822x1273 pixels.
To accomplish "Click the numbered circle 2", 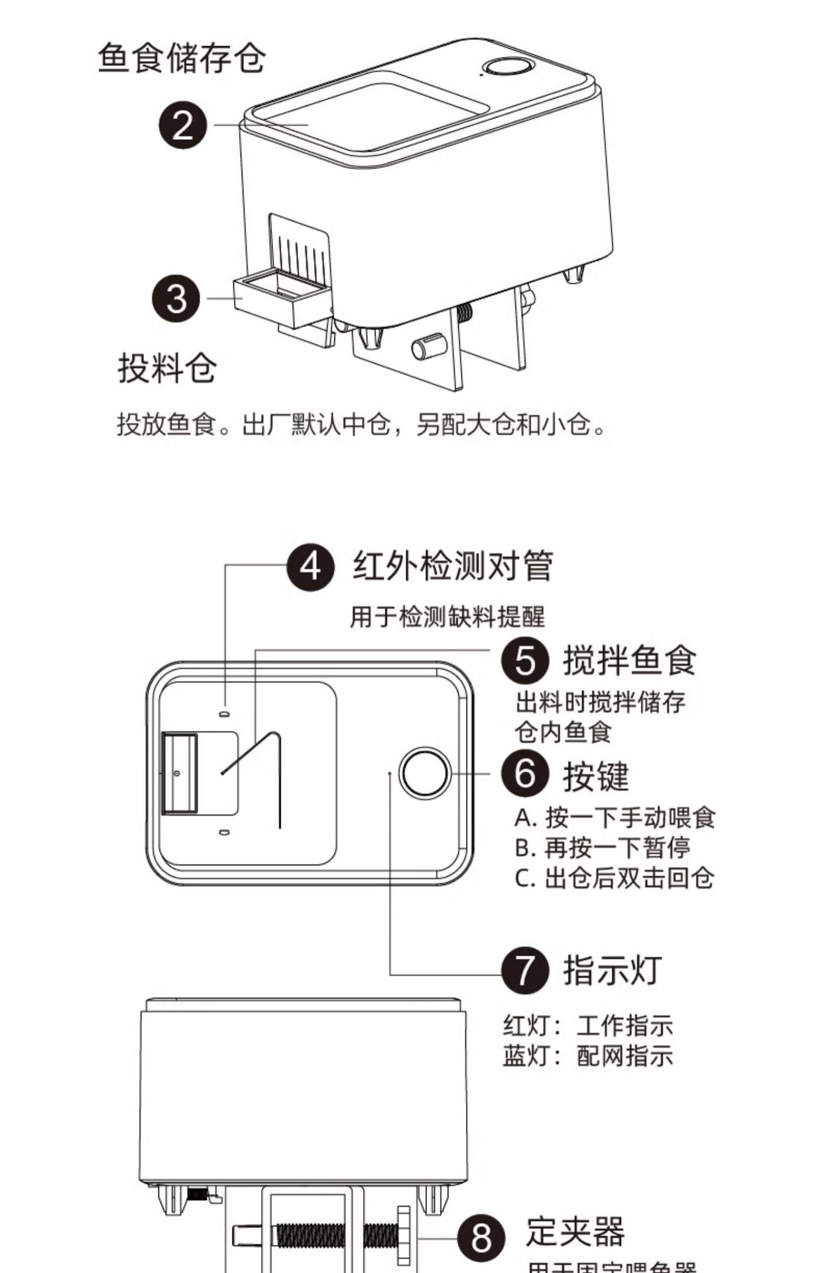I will point(183,125).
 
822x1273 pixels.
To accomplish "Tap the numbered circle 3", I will point(176,298).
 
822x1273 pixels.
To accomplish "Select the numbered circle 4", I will point(310,566).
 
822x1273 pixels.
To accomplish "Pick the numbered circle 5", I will point(525,660).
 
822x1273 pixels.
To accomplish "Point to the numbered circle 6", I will point(525,774).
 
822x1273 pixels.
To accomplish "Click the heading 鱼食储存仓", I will point(182,58).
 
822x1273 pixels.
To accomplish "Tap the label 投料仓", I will point(167,367).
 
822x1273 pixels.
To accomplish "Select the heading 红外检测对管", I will point(452,566).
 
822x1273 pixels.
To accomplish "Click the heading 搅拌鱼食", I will point(629,660).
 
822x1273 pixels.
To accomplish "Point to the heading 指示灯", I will point(612,970).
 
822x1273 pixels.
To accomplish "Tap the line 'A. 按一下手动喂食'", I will point(615,818).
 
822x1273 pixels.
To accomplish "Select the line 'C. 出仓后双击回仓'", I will point(615,878).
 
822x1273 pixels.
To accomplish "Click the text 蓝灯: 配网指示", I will point(588,1056).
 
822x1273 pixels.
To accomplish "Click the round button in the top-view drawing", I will point(425,773).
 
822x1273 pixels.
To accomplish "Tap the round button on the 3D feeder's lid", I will point(508,68).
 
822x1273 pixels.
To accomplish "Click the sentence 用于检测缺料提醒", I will point(447,617).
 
